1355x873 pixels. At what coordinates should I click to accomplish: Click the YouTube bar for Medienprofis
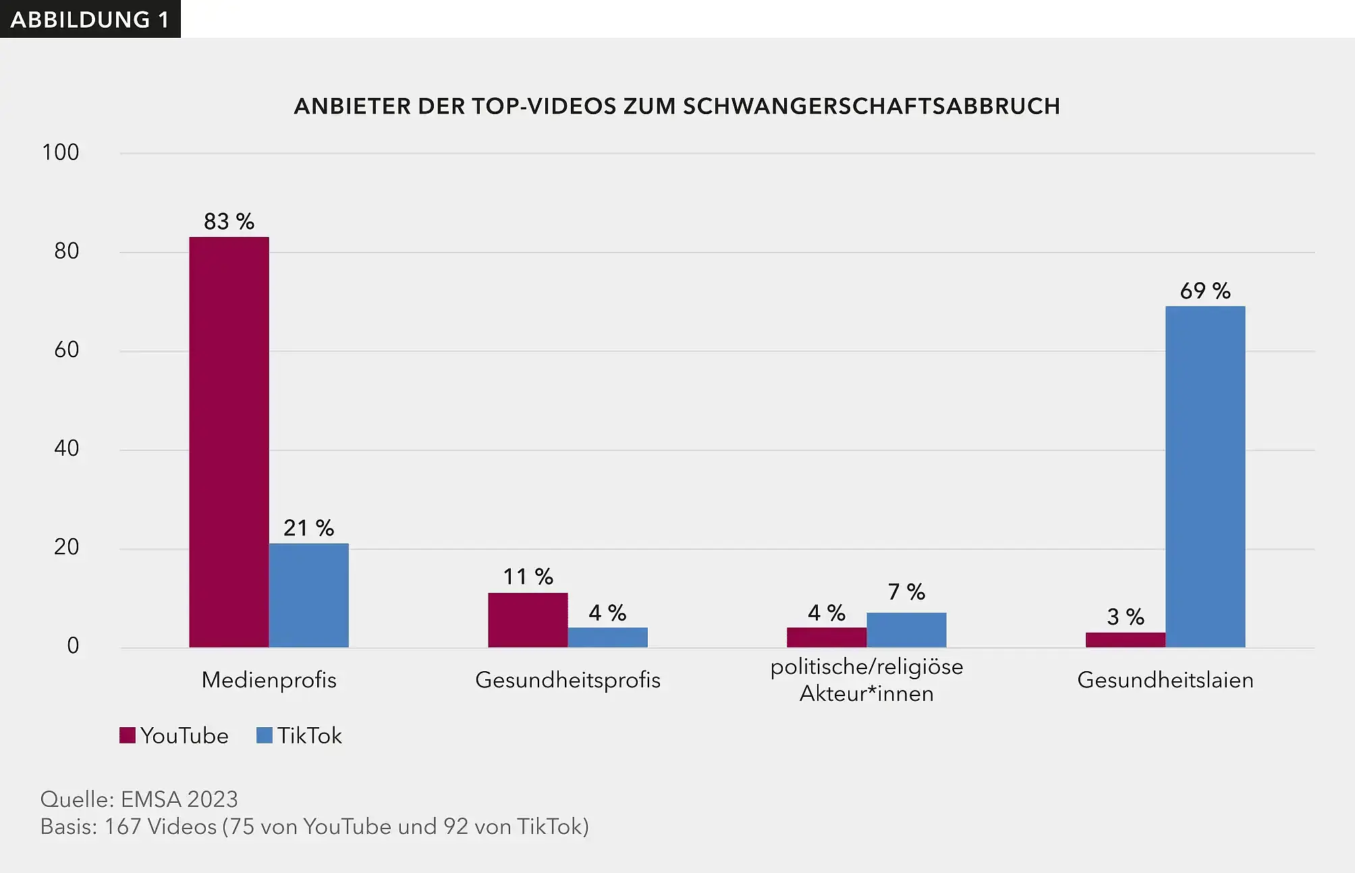229,442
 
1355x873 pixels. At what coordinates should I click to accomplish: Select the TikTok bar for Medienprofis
308,596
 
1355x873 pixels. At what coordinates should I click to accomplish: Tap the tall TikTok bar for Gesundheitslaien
1205,477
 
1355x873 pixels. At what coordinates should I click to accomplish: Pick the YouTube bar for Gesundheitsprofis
528,620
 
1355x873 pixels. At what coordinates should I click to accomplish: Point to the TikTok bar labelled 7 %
906,630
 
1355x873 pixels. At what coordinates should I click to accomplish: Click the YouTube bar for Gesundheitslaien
1125,640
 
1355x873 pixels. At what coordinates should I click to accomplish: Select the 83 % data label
229,221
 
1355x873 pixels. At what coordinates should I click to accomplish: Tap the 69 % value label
1205,291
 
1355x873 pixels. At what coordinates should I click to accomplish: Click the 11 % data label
528,577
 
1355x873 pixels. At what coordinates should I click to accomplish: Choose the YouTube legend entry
174,735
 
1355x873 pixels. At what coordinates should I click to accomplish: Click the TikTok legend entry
300,735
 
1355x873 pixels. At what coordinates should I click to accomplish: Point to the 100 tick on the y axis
61,153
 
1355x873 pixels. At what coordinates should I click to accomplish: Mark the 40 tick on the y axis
66,448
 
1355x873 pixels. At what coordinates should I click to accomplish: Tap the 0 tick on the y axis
73,645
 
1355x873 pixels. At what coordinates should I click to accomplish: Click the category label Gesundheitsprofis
568,680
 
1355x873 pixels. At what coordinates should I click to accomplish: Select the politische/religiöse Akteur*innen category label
866,680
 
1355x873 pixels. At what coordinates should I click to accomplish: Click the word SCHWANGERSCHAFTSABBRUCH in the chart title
871,107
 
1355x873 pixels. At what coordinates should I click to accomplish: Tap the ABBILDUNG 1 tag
90,20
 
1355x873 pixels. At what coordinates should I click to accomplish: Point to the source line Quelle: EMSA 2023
139,799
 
